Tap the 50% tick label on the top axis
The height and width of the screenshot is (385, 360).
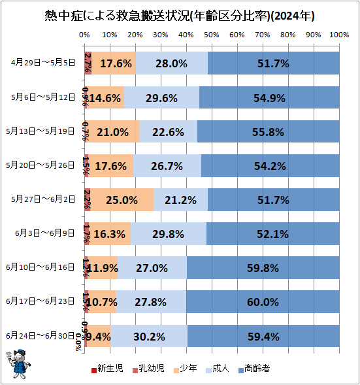coord(211,34)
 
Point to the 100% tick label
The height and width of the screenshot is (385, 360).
coord(338,34)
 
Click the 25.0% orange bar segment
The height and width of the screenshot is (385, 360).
coord(121,199)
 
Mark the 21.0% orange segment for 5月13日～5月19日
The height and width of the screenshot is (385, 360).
coord(112,131)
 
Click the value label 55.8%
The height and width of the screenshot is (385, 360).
coord(268,131)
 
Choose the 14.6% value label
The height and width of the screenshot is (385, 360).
coord(105,97)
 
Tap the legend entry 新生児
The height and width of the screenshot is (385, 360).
coord(109,369)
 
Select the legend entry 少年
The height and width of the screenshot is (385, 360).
coord(187,369)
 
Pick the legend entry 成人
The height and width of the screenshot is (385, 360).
coord(219,369)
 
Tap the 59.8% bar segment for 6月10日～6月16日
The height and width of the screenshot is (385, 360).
coord(263,267)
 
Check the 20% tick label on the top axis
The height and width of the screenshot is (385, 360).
coord(135,34)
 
